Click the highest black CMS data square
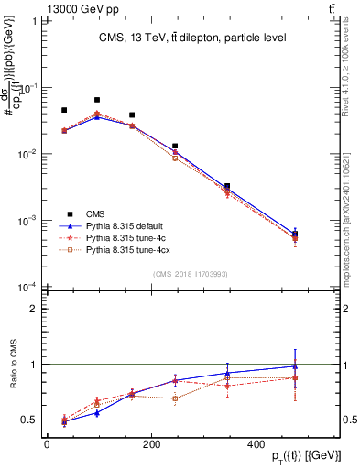pyautogui.click(x=97, y=100)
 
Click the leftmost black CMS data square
pyautogui.click(x=64, y=110)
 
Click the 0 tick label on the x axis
pyautogui.click(x=47, y=443)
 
